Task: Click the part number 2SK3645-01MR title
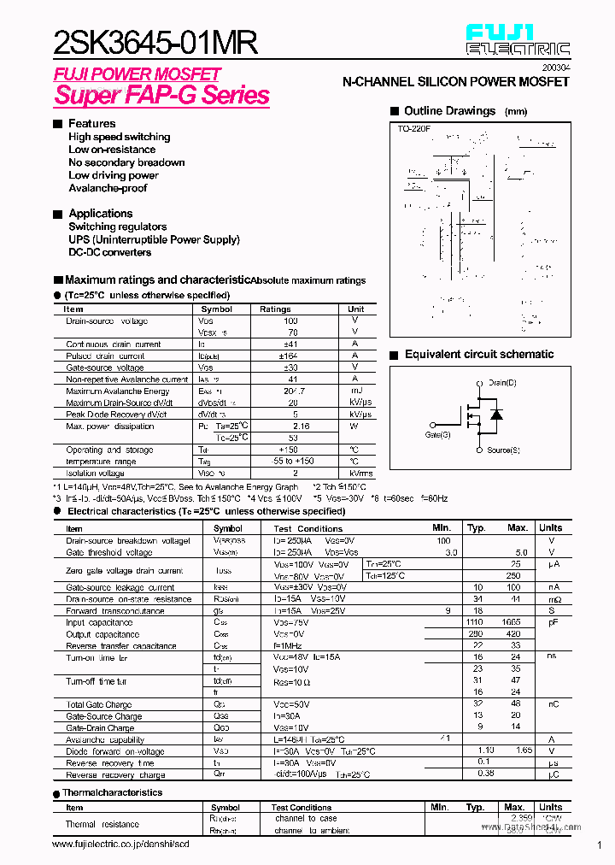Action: click(155, 42)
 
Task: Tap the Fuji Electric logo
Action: click(518, 40)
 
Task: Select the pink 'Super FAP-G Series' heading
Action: click(161, 95)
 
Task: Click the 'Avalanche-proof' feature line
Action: click(108, 188)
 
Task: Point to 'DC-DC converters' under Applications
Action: click(110, 252)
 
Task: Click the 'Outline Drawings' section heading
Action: click(449, 111)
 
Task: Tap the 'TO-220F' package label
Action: click(414, 128)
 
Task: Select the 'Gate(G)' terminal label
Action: click(438, 434)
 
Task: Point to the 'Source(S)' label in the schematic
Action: click(504, 450)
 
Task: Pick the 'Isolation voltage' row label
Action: click(95, 473)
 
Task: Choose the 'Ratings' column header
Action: click(275, 309)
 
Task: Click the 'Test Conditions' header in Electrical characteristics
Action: click(307, 528)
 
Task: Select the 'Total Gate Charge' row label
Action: click(98, 704)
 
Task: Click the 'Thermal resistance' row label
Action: click(102, 824)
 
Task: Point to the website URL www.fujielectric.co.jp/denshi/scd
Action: click(120, 844)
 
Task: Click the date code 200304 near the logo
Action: click(557, 67)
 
